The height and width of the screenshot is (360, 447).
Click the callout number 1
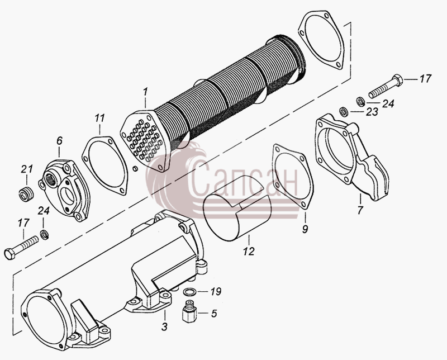(x=145, y=92)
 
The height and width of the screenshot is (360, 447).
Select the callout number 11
(x=100, y=118)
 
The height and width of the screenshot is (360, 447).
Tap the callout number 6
(x=59, y=141)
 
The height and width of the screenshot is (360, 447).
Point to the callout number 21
(x=27, y=169)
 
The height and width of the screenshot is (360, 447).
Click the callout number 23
(x=372, y=112)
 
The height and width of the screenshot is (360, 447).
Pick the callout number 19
(x=216, y=292)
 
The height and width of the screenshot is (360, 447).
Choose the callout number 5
(x=214, y=314)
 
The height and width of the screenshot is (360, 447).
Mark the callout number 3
(x=164, y=327)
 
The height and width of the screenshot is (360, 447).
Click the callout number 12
(x=249, y=251)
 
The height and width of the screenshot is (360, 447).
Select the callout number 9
(x=305, y=229)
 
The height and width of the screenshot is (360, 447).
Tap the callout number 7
(x=360, y=210)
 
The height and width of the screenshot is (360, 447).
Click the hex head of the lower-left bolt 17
(x=9, y=254)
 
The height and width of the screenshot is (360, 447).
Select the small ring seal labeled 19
(x=189, y=292)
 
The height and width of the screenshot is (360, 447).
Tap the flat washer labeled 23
(x=344, y=111)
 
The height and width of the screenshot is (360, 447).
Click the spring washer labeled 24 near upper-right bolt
(x=361, y=102)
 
